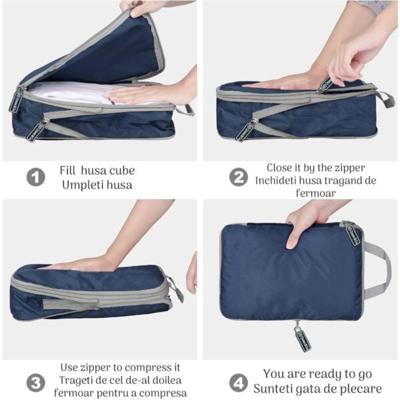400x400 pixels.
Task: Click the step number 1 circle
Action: pos(36,177)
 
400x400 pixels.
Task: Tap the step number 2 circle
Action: pos(238,177)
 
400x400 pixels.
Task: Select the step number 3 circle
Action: pos(36,383)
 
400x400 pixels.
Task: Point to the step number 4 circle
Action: pos(238,383)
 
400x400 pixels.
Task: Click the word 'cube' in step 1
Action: pos(121,171)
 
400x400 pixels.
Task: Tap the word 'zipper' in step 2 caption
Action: pos(350,169)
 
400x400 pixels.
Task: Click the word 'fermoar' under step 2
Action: pos(316,193)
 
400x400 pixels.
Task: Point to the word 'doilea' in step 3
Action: pos(167,381)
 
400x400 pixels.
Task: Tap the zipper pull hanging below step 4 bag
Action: pos(302,337)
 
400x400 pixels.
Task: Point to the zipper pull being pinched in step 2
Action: pos(325,84)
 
